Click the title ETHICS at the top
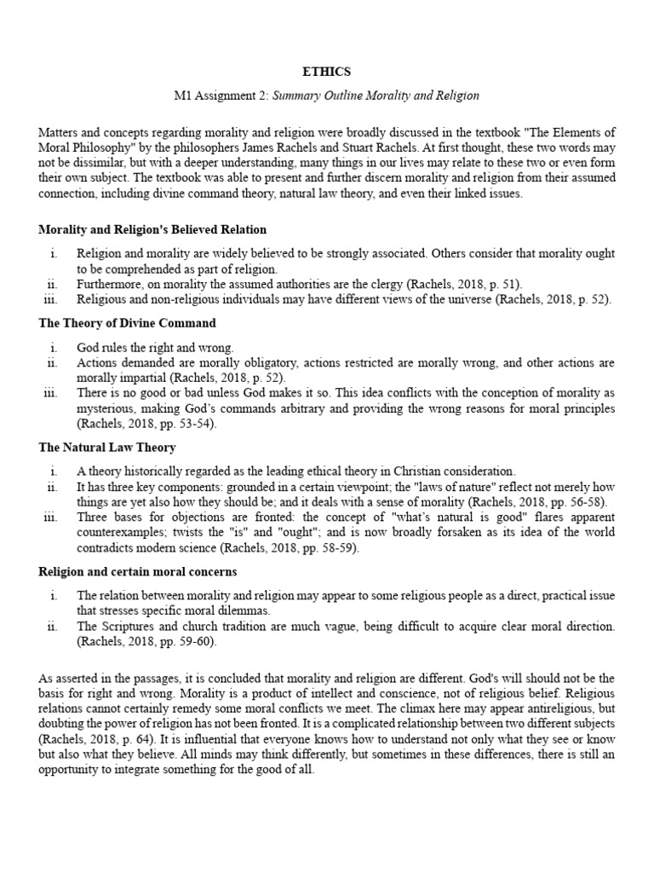326,72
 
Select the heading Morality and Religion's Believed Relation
152,229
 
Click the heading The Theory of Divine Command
127,323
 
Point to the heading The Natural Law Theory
107,447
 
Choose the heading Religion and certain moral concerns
138,570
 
